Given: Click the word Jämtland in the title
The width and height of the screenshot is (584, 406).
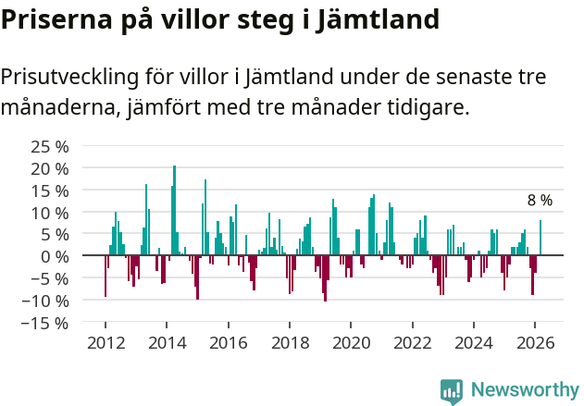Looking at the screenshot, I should click(378, 18).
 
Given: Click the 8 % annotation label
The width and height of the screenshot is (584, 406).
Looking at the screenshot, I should click(540, 200).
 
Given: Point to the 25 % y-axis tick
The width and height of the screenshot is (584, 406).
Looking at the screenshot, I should click(50, 146).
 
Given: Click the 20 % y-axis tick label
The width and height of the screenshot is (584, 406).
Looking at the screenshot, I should click(50, 168).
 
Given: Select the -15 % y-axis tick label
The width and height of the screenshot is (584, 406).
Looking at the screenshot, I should click(46, 323).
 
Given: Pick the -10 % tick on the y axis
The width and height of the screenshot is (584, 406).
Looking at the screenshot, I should click(46, 301).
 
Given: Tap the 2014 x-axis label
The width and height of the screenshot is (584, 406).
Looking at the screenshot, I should click(167, 342).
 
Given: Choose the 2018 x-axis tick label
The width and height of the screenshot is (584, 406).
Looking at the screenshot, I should click(290, 342).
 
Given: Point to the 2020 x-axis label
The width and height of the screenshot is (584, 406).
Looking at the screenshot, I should click(351, 342).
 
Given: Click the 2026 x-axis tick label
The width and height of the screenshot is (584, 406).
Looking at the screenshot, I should click(535, 342).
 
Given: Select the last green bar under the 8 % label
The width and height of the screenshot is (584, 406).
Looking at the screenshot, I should click(541, 238).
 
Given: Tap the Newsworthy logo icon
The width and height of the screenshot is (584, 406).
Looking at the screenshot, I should click(452, 390).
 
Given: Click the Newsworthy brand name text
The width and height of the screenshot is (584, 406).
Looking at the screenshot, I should click(525, 390).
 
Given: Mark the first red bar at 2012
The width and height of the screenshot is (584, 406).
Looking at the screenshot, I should click(106, 276).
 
